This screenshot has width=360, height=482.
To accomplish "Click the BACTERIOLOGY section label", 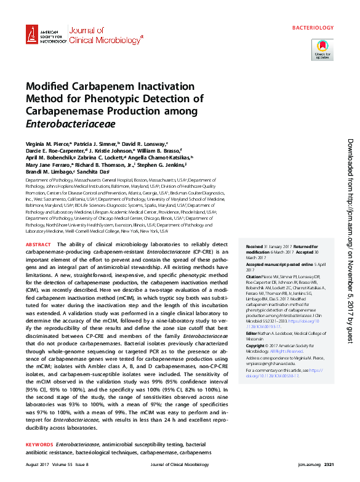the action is tap(312, 28).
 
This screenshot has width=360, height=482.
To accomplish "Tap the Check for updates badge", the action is tap(322, 48).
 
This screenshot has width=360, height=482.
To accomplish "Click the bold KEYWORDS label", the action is tap(39, 444).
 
